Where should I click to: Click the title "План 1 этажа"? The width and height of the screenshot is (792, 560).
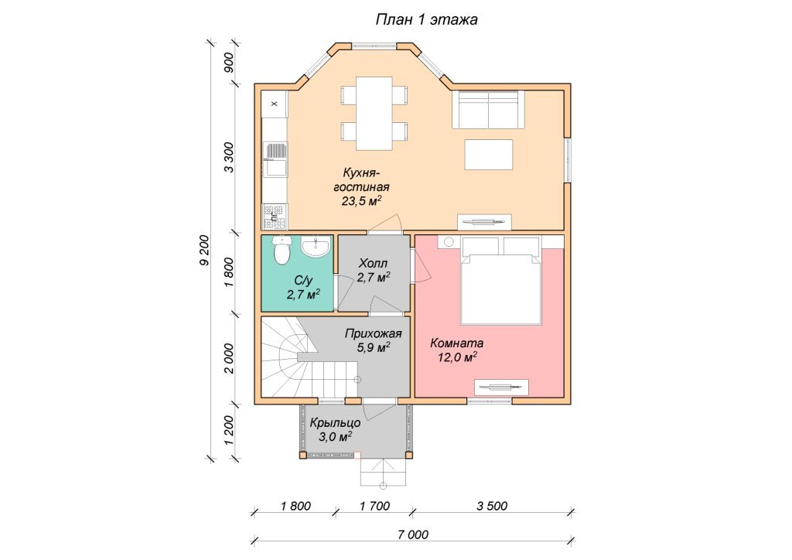pos(426,19)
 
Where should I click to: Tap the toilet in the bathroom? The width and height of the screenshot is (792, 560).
pos(282,250)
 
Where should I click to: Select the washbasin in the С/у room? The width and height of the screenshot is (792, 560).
pos(316,246)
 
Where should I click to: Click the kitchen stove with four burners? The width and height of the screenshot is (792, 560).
pos(275,216)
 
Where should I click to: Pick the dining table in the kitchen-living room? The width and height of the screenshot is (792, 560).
pos(374,113)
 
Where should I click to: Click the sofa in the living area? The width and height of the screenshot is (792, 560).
pos(489,110)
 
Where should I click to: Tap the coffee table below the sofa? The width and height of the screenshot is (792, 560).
pos(489,155)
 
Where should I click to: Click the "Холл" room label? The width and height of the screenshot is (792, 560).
pos(373,263)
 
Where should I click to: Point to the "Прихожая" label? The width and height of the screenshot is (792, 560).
pos(374,333)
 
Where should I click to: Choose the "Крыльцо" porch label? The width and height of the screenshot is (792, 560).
pos(336,422)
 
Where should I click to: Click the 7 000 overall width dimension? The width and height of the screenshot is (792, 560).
pos(413,534)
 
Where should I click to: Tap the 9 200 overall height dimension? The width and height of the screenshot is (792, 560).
pos(204,250)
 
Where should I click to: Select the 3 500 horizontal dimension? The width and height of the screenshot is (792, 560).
pos(492,505)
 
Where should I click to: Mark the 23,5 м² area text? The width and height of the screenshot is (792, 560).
pos(362,201)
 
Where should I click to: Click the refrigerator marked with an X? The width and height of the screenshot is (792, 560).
pos(275,104)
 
